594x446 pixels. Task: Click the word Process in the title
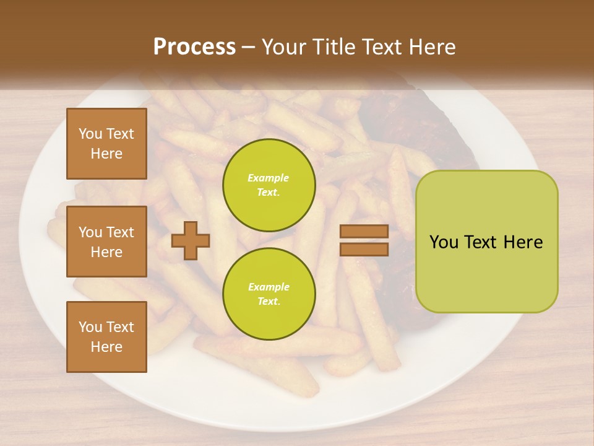pos(194,46)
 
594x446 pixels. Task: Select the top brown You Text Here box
pos(106,144)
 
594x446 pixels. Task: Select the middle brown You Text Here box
pos(106,242)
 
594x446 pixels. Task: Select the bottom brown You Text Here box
pos(106,336)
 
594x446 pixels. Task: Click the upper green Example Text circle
pos(269,185)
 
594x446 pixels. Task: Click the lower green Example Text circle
pos(269,294)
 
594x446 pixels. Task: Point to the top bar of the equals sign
pos(364,232)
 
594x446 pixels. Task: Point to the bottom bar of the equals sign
pos(364,249)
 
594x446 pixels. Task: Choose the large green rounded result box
pos(486,242)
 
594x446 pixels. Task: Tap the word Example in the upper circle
pos(268,178)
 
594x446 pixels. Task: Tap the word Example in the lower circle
pos(268,287)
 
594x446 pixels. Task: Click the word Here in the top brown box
pos(106,154)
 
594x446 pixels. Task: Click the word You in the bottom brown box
pos(90,327)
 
